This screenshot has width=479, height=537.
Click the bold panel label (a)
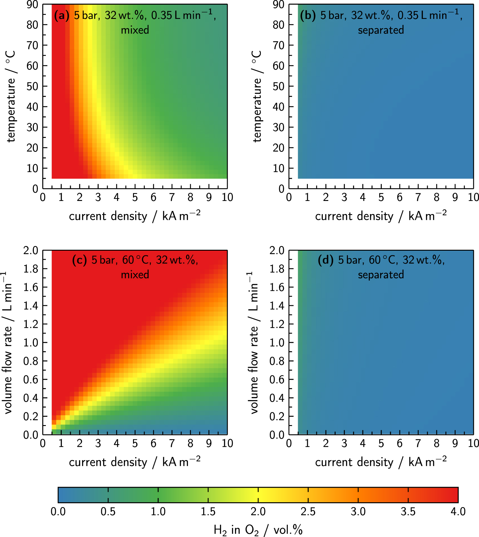pyautogui.click(x=62, y=15)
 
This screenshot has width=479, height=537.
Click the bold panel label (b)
pyautogui.click(x=308, y=15)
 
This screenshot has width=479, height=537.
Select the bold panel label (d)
pyautogui.click(x=326, y=260)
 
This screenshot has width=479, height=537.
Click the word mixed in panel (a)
pyautogui.click(x=135, y=30)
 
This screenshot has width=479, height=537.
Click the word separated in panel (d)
pyautogui.click(x=381, y=275)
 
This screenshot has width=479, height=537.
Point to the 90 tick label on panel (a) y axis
pyautogui.click(x=32, y=5)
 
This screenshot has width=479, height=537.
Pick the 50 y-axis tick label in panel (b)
pyautogui.click(x=279, y=86)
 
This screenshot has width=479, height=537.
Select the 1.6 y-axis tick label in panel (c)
pyautogui.click(x=31, y=287)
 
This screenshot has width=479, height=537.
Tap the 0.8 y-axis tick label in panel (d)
pyautogui.click(x=277, y=361)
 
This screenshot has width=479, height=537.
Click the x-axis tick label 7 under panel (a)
pyautogui.click(x=172, y=198)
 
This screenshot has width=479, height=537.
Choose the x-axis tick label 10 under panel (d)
pyautogui.click(x=473, y=443)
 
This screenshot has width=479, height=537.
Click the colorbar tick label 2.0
pyautogui.click(x=258, y=511)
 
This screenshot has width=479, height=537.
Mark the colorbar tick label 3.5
pyautogui.click(x=408, y=511)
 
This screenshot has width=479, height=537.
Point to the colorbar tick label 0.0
pyautogui.click(x=58, y=511)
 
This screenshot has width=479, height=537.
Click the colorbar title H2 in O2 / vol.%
pyautogui.click(x=258, y=530)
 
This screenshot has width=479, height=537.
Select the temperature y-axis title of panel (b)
pyautogui.click(x=257, y=96)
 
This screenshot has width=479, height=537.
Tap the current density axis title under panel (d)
pyautogui.click(x=381, y=462)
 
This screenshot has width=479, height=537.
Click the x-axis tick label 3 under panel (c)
pyautogui.click(x=98, y=443)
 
